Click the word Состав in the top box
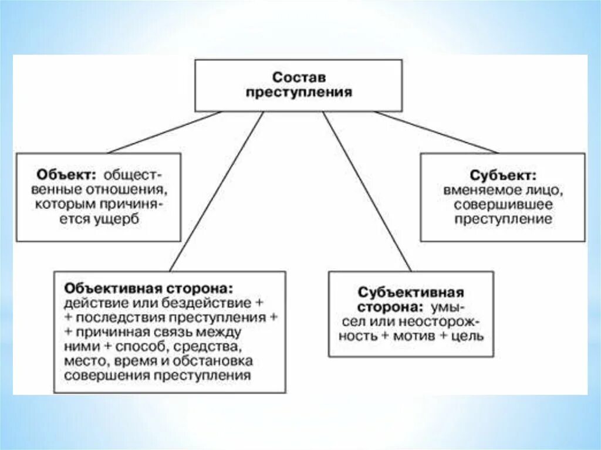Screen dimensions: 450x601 click(298, 77)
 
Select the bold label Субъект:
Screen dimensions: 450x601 click(502, 175)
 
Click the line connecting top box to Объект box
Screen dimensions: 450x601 click(164, 132)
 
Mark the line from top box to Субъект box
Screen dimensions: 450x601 click(437, 132)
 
